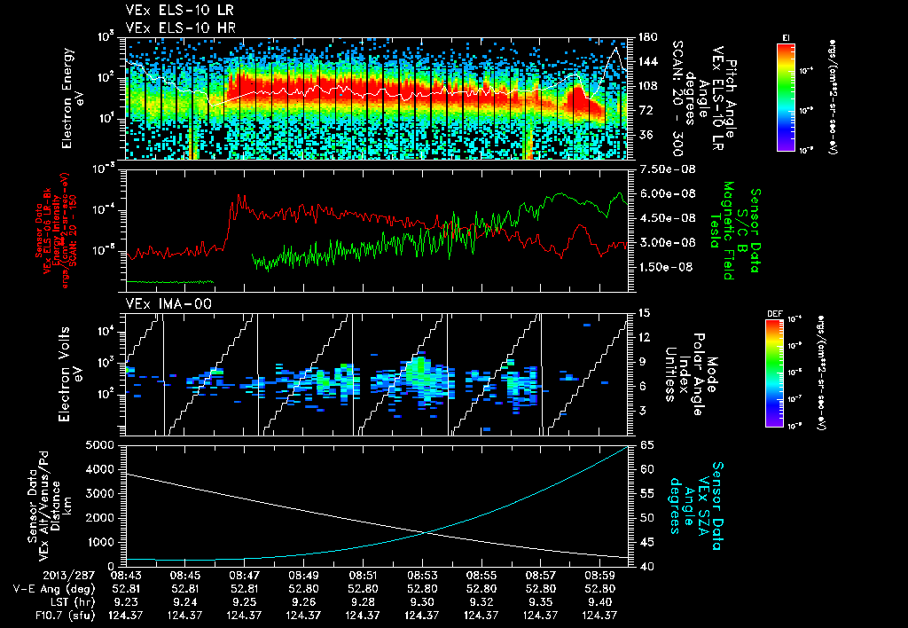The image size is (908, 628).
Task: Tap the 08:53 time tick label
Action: tap(421, 575)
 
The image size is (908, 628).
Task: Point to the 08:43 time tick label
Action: tap(125, 575)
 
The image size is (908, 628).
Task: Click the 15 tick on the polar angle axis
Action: tap(644, 313)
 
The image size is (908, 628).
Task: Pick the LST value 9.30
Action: tap(421, 601)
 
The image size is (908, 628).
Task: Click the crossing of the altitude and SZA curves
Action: tap(428, 532)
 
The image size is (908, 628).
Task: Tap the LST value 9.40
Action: tap(600, 601)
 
